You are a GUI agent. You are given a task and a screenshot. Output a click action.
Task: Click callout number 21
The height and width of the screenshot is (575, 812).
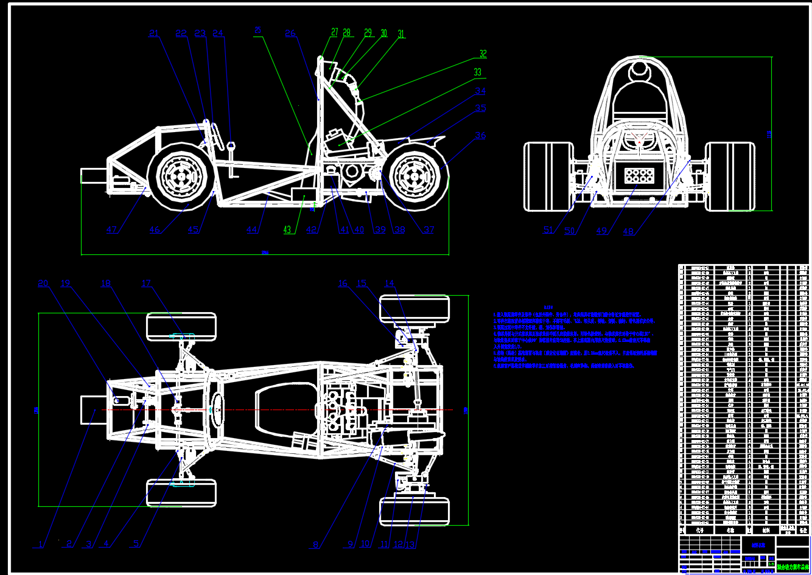tap(153, 34)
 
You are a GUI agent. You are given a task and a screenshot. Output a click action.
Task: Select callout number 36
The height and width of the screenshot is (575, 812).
tap(480, 136)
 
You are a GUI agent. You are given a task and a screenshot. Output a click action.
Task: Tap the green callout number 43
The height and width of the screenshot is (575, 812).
tap(287, 230)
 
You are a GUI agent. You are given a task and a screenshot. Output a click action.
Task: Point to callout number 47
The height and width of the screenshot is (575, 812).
tap(111, 230)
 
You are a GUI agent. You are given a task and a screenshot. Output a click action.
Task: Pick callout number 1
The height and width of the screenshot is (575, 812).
tap(41, 545)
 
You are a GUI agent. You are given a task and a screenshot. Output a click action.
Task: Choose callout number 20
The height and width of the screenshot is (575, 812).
tap(43, 284)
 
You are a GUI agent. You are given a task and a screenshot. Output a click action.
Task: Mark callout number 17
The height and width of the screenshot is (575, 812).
tap(146, 284)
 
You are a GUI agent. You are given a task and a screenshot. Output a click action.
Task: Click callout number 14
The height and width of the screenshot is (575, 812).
tap(389, 283)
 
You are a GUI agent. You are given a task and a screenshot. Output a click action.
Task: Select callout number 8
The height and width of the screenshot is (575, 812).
tap(315, 545)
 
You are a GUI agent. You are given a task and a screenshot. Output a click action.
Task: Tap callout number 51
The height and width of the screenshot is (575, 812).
tap(548, 230)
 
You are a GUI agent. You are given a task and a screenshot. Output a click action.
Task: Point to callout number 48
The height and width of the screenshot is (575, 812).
tap(628, 232)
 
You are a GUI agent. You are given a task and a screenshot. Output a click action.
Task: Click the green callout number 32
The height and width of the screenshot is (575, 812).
tap(483, 54)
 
